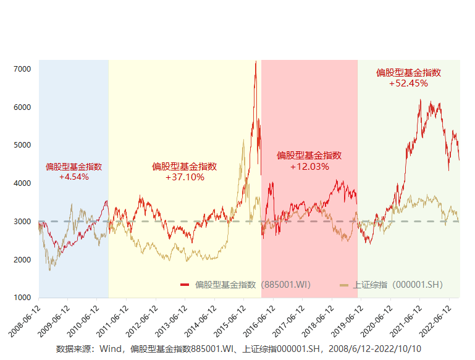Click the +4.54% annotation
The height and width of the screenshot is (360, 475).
pos(74,177)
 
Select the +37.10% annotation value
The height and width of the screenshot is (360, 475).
pos(185,177)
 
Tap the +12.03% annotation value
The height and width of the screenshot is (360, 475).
pos(309,166)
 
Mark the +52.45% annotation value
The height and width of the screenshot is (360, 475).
pos(408,83)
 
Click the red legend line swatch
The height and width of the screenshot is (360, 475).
pos(185,285)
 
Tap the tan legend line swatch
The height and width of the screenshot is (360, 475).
pos(344,285)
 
